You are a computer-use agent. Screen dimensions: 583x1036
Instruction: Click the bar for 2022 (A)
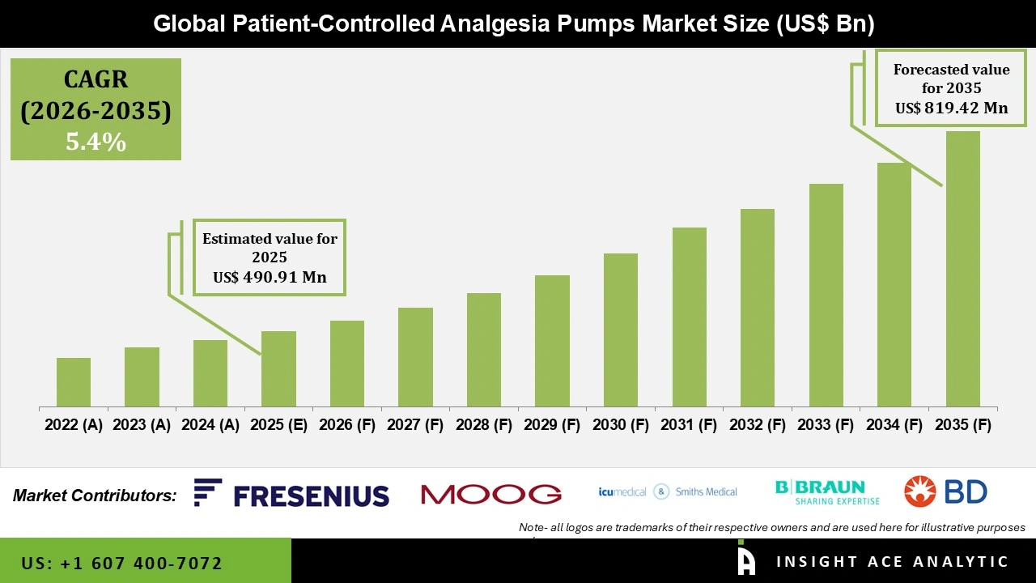tap(74, 382)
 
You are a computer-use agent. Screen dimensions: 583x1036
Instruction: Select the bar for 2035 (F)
tap(962, 269)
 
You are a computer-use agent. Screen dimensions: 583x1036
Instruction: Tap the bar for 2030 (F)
tap(621, 330)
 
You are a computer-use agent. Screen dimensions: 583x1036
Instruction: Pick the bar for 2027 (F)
tap(415, 357)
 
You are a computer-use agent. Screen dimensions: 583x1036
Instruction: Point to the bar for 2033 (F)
tap(826, 296)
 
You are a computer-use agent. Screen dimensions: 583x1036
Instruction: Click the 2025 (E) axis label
tap(278, 425)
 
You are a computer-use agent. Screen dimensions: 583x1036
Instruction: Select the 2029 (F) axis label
tap(552, 425)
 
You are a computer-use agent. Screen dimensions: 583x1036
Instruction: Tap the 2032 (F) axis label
tap(758, 425)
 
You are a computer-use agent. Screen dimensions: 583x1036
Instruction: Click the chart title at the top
tap(514, 24)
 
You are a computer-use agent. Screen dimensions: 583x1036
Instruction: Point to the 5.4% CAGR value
tap(96, 143)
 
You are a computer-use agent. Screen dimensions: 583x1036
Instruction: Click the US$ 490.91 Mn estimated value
tap(270, 277)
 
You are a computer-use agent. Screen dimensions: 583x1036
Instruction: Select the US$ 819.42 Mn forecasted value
tap(951, 108)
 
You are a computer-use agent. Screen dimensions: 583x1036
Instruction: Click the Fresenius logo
tap(291, 494)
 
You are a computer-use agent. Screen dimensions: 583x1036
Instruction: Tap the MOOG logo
tap(491, 494)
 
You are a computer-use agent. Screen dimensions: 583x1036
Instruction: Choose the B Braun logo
tap(820, 492)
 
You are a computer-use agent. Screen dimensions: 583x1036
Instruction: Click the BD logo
tap(945, 492)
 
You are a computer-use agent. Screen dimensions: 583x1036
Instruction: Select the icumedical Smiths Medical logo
tap(668, 492)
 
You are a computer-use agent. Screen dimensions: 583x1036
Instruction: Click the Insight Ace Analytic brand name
tap(892, 562)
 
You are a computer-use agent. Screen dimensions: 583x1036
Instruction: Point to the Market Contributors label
tap(95, 496)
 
